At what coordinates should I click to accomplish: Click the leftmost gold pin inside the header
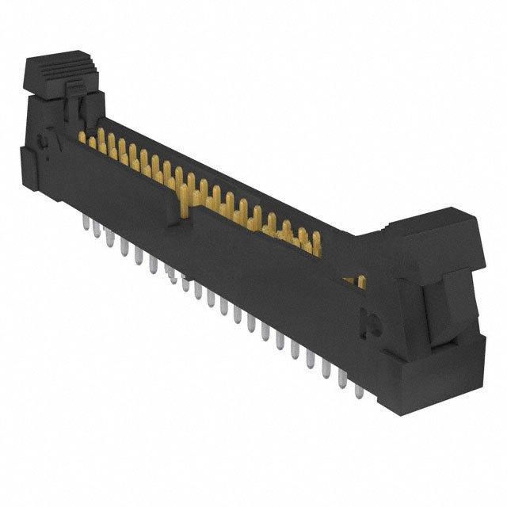[x=82, y=137]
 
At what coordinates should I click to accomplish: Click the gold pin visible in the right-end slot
[x=360, y=281]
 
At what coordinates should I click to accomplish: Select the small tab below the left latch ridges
[x=76, y=86]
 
